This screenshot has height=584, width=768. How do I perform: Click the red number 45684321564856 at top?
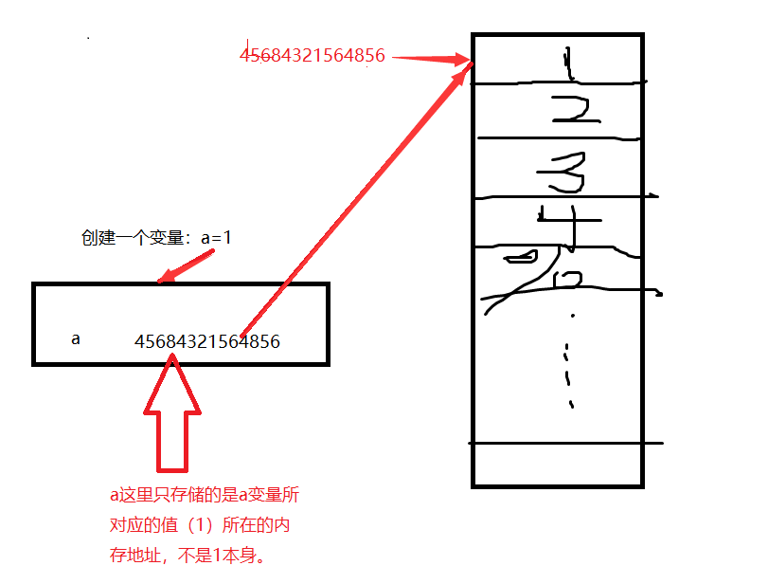pyautogui.click(x=313, y=55)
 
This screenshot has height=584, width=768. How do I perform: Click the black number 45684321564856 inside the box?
pyautogui.click(x=207, y=341)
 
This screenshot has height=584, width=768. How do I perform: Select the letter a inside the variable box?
pyautogui.click(x=76, y=338)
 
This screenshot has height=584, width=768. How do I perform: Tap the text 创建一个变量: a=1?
pyautogui.click(x=156, y=238)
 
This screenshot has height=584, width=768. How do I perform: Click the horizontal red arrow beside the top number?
pyautogui.click(x=431, y=58)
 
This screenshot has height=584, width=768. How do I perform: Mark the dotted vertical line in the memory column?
pyautogui.click(x=569, y=360)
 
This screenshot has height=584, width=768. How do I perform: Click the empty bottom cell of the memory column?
pyautogui.click(x=558, y=465)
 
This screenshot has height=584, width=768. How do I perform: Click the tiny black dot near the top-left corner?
pyautogui.click(x=88, y=38)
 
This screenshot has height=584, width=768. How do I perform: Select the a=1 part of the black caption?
pyautogui.click(x=216, y=238)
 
